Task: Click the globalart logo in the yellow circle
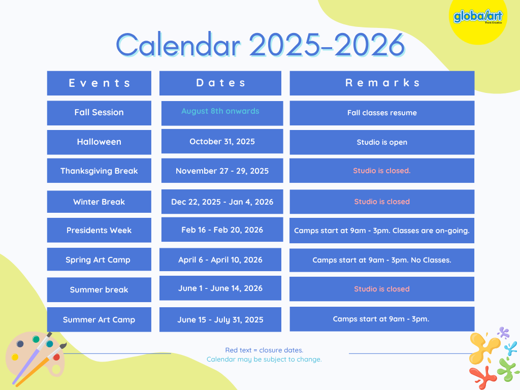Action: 478,17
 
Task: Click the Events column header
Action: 99,83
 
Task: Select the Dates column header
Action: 220,83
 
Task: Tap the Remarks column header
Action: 382,83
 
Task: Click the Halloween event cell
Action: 99,142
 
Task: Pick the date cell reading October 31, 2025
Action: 222,141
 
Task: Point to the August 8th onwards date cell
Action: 222,113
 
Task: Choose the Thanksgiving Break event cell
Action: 99,171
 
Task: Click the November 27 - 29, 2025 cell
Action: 222,171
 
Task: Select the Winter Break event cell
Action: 99,202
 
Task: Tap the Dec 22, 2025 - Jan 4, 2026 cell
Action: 222,202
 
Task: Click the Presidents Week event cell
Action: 99,230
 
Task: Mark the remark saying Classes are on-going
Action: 382,231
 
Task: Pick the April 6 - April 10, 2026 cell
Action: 220,259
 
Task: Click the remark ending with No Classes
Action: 382,260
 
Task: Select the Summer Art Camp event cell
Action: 99,320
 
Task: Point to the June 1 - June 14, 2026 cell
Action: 220,288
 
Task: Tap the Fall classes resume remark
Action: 382,113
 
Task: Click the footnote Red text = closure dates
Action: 264,350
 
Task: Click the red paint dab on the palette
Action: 56,357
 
